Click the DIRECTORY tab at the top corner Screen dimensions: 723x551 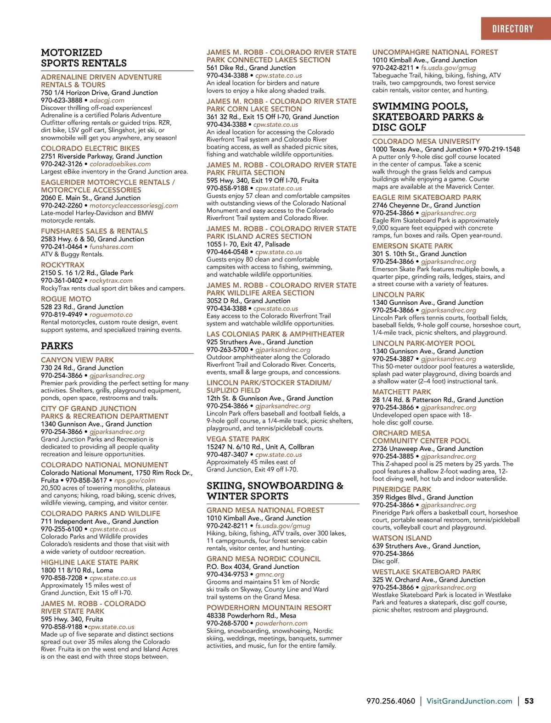click(512, 29)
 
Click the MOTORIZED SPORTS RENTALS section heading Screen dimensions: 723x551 click(84, 58)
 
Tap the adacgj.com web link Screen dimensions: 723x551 click(107, 100)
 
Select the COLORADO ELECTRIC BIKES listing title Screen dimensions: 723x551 click(90, 148)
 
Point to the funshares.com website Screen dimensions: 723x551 click(111, 247)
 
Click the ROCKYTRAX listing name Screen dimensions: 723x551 click(62, 265)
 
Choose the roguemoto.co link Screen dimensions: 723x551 click(111, 314)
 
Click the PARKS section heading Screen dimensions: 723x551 click(57, 346)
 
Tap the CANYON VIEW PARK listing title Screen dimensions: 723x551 click(77, 360)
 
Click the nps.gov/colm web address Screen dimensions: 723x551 click(135, 480)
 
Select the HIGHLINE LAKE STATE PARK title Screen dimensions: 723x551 click(90, 562)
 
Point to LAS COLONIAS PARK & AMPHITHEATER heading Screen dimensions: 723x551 click(275, 334)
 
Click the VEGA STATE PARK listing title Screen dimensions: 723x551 click(238, 439)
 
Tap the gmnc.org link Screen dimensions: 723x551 click(270, 574)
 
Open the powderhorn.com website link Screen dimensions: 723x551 click(281, 623)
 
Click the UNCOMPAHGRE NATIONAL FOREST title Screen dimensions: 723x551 click(435, 52)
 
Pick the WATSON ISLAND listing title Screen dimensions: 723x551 click(402, 538)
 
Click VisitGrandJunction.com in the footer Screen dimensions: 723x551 click(469, 701)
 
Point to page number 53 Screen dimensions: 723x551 click(529, 701)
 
